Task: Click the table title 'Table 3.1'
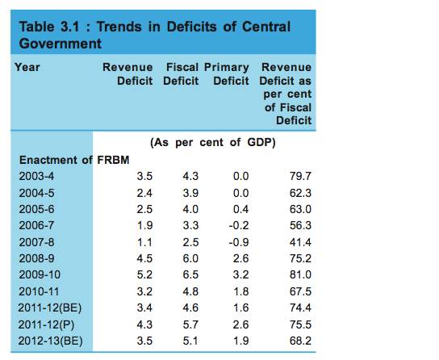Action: pos(49,27)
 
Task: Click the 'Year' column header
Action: pos(27,67)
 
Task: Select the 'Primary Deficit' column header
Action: pos(227,74)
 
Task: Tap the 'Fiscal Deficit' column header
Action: pos(181,74)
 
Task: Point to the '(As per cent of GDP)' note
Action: pos(213,143)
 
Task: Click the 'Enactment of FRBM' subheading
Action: pos(74,160)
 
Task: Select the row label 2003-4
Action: pos(36,176)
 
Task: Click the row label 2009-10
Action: pos(40,274)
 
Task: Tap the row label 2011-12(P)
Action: pos(46,324)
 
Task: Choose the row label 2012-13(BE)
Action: pos(50,341)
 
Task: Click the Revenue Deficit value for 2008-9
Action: pos(144,258)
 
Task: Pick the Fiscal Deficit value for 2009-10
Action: pos(190,274)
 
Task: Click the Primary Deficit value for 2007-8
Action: pos(239,242)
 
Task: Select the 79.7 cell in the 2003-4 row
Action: pos(300,176)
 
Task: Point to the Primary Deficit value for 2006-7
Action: pos(239,226)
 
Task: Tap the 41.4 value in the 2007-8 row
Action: pos(300,242)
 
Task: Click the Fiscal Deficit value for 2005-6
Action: pos(190,209)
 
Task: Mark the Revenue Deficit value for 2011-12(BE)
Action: pos(144,308)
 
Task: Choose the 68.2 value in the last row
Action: pos(300,341)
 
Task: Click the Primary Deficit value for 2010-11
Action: pos(240,291)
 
